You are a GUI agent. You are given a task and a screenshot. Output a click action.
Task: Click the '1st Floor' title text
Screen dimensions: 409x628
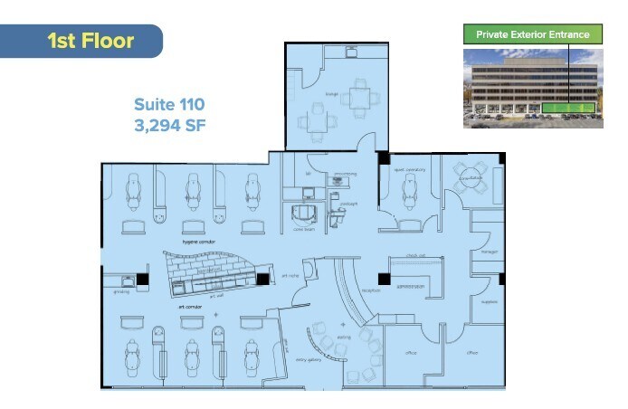(90, 41)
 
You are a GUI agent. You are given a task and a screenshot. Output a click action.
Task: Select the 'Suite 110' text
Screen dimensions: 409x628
(170, 105)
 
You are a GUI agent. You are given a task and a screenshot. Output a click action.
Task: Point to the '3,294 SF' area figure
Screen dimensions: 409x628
(170, 126)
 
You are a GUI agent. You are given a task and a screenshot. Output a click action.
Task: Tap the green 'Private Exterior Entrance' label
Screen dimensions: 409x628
(532, 35)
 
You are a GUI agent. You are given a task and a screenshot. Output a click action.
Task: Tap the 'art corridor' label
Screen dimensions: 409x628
(191, 308)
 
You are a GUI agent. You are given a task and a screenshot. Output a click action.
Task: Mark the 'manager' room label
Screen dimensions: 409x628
(489, 252)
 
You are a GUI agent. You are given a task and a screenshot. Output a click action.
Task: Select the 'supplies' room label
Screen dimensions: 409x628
(489, 302)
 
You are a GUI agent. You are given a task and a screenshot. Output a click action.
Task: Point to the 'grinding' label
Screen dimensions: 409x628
(121, 291)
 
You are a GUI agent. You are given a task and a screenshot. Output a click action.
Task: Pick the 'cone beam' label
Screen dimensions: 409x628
(303, 230)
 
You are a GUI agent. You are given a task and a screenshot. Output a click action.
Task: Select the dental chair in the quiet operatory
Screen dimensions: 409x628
(406, 189)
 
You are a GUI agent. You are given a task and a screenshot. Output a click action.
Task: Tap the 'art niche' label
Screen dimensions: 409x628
(290, 275)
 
